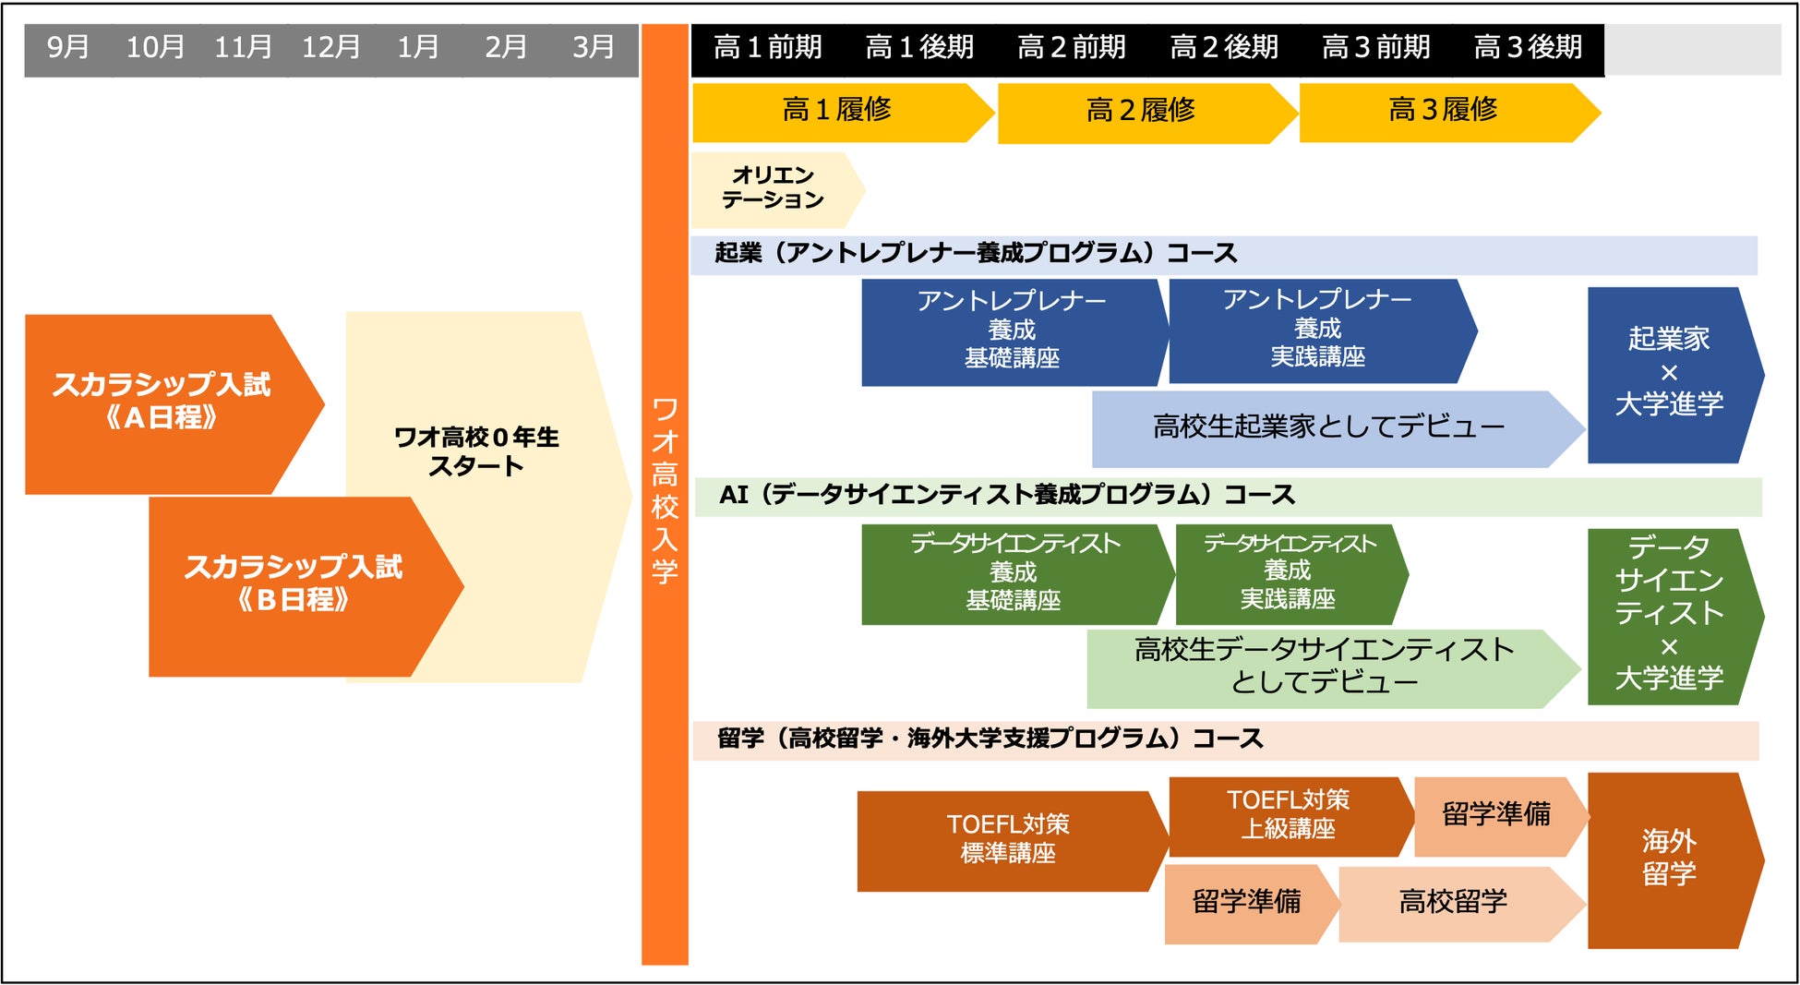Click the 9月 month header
click(67, 47)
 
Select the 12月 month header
click(331, 47)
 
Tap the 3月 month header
click(594, 47)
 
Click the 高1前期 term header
click(767, 47)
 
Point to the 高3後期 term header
click(1528, 47)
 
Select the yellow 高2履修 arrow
click(1141, 112)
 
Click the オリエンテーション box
click(773, 188)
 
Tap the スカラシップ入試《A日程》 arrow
click(162, 402)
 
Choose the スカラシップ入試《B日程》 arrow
click(294, 584)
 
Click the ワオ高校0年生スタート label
click(476, 451)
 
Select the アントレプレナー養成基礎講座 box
click(1012, 330)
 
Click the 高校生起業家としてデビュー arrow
click(1328, 427)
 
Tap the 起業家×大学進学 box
click(1669, 373)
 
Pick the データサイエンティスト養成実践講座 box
click(1288, 572)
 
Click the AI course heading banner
click(1006, 496)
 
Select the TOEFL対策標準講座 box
click(1007, 839)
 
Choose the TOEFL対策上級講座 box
click(1288, 814)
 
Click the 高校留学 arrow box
click(1453, 902)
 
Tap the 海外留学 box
click(1669, 858)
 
